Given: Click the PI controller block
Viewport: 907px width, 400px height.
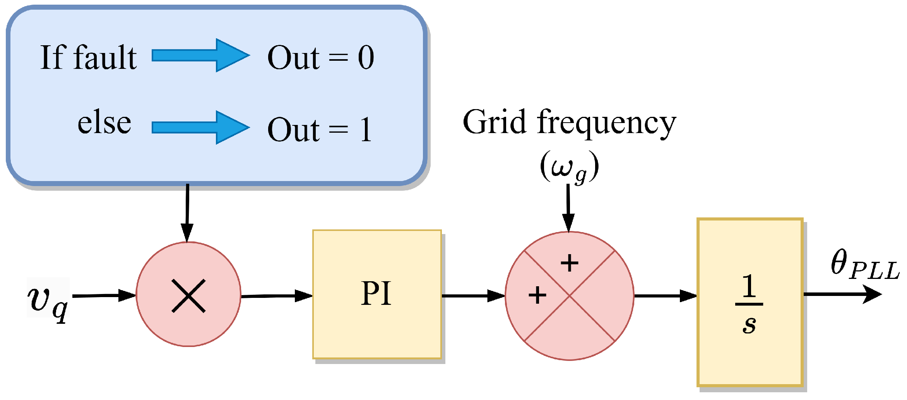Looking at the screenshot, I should pos(377,294).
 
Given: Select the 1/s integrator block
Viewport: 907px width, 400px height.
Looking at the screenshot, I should pos(750,302).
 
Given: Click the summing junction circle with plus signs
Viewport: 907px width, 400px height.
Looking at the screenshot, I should pos(569,296).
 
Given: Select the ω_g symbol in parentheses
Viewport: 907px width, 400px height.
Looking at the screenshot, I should pos(569,167).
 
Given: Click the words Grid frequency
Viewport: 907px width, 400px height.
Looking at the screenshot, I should pos(569,122).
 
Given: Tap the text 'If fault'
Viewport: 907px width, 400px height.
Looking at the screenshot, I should pos(88,58).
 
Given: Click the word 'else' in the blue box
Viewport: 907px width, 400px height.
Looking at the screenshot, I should pos(104,124).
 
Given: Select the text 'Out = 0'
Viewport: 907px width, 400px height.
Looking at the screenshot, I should pos(320,58).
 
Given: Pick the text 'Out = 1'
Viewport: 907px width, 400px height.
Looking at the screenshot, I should pos(320,130).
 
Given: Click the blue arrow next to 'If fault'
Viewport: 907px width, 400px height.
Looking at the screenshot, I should pos(200,55).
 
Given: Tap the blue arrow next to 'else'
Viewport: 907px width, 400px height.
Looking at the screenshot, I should pos(200,127).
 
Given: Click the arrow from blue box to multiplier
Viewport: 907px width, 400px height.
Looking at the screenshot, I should pos(187,213).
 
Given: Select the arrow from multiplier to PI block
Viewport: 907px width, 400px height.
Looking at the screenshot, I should pos(276,296).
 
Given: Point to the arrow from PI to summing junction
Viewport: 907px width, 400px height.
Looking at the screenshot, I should pos(473,296).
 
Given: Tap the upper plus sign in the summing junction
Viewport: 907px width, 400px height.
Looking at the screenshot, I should pos(569,263).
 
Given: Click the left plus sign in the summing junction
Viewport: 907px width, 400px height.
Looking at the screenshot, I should pos(537,296).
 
